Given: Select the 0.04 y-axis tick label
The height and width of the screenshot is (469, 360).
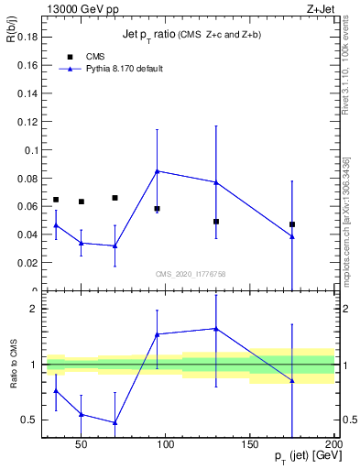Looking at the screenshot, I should pyautogui.click(x=26, y=234).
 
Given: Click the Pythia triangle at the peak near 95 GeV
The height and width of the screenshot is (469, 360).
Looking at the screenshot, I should pyautogui.click(x=158, y=170).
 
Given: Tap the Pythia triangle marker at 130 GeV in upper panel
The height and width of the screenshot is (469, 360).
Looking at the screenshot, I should pyautogui.click(x=216, y=182).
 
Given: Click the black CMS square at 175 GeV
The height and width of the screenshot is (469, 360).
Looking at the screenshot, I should pyautogui.click(x=292, y=224).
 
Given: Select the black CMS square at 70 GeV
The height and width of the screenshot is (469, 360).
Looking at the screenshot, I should pyautogui.click(x=115, y=198).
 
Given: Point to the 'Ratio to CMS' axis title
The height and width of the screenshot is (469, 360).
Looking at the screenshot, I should pyautogui.click(x=13, y=365).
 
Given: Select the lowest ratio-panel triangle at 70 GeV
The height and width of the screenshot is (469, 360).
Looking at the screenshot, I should pyautogui.click(x=115, y=422).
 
